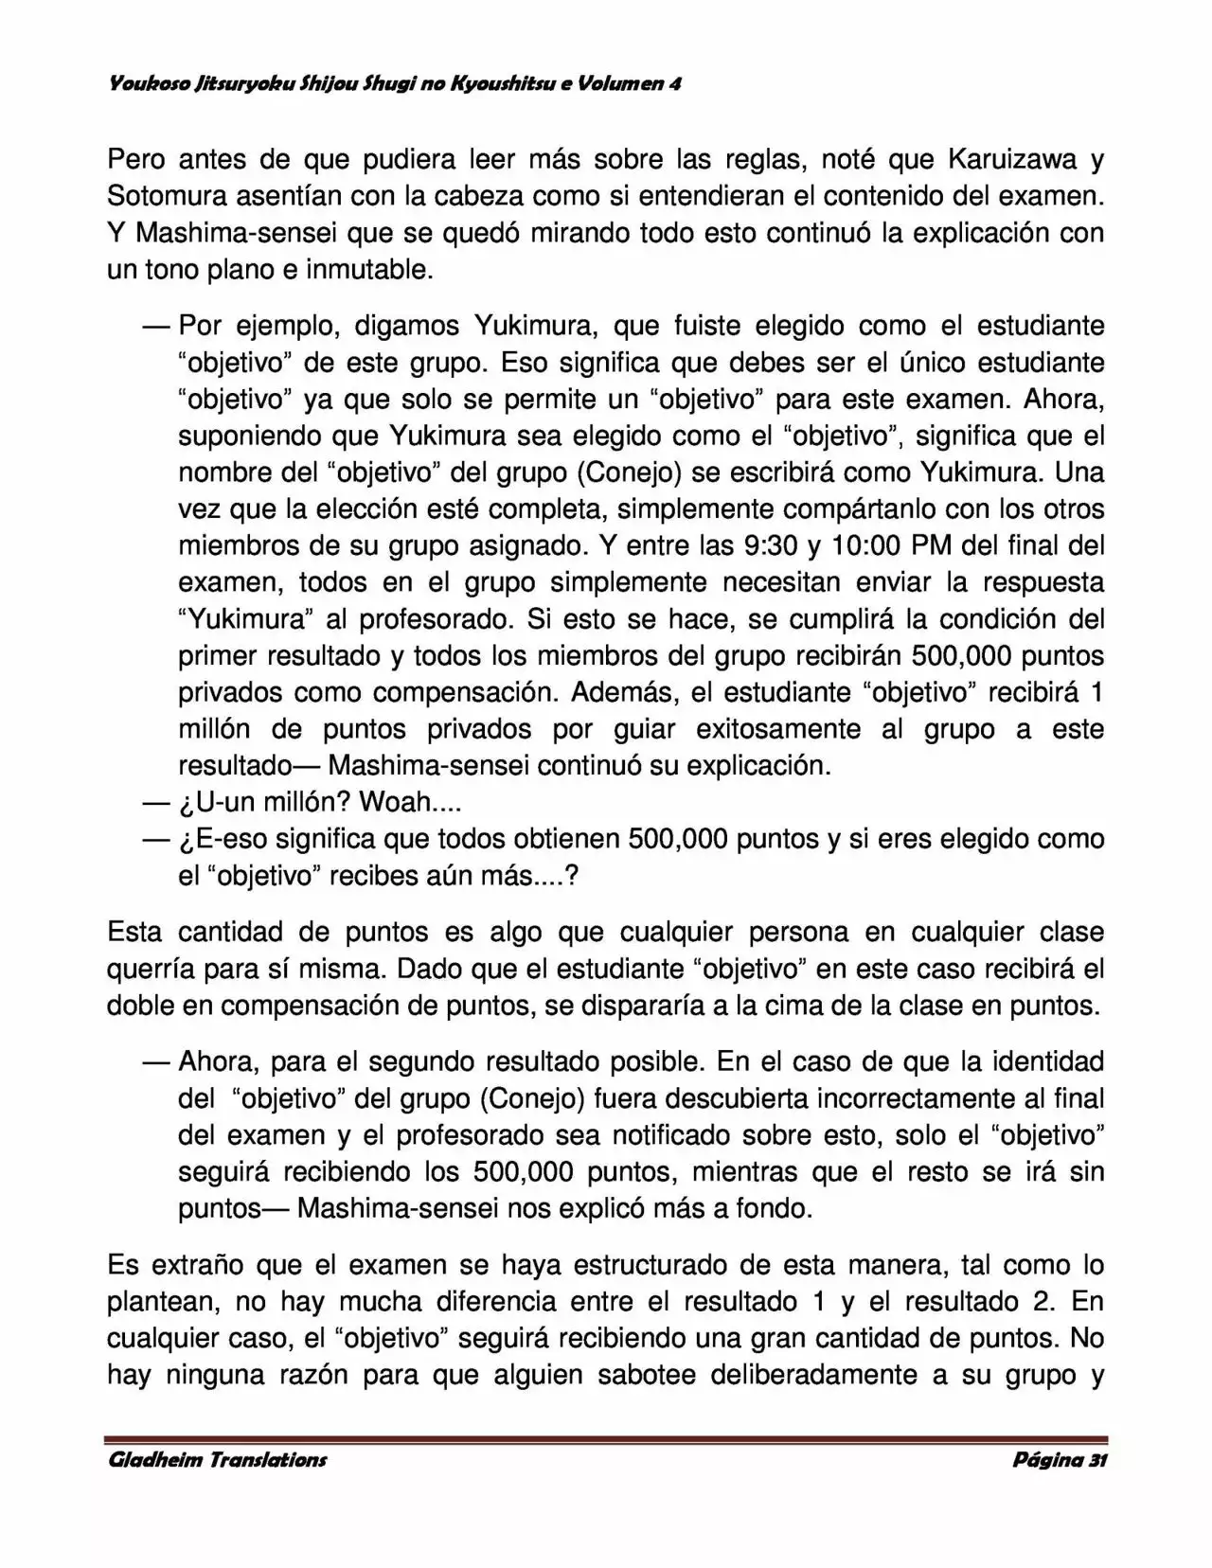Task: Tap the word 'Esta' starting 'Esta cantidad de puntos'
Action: click(134, 932)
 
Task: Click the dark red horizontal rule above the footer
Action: click(606, 1439)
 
